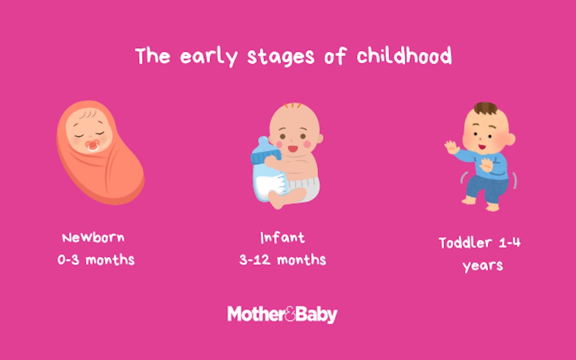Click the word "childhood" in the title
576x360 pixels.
[x=404, y=56]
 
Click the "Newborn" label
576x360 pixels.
[x=94, y=238]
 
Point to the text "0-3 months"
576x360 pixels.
[x=96, y=260]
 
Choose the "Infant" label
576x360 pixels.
[x=282, y=238]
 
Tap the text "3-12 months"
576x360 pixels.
[x=282, y=260]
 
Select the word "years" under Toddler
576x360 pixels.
[x=482, y=265]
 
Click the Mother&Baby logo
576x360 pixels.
[x=282, y=314]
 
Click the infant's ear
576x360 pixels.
[x=320, y=138]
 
